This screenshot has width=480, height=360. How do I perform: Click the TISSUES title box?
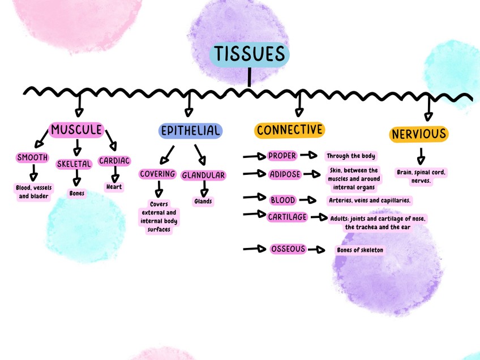coord(249,54)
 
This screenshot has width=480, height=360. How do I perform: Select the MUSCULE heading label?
coord(76,130)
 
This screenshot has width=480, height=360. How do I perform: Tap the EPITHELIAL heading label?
coord(190,131)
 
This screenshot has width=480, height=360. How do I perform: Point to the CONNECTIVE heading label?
coord(289,130)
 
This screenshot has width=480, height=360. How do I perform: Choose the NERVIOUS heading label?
coord(418,134)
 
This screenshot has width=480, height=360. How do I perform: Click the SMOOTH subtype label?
coord(32,157)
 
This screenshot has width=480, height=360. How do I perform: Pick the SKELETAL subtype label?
coord(74,164)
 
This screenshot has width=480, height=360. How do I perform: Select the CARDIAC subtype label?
coord(114,161)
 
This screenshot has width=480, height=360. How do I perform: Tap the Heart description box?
coord(114,187)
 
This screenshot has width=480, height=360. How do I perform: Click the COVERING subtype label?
coord(157,174)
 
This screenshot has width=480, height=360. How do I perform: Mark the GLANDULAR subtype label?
coord(203,175)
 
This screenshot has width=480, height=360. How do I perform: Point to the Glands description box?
coord(203,201)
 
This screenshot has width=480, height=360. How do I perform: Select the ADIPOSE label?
coord(285,174)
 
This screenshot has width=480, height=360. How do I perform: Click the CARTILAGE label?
coord(287,217)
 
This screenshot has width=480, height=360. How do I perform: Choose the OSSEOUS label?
coord(288,249)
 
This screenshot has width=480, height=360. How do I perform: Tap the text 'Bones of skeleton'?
coord(359,250)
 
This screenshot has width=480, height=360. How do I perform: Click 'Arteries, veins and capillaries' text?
coord(370,200)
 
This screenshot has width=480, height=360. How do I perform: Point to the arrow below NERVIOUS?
coord(421,156)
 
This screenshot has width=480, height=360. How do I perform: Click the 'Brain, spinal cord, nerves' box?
coord(421,177)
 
